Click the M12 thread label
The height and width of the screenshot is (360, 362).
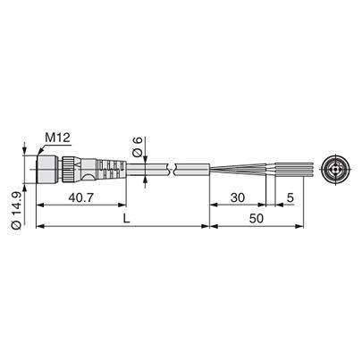click(58, 136)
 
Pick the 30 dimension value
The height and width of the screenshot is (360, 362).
click(236, 198)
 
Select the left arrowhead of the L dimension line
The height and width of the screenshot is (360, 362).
click(38, 227)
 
